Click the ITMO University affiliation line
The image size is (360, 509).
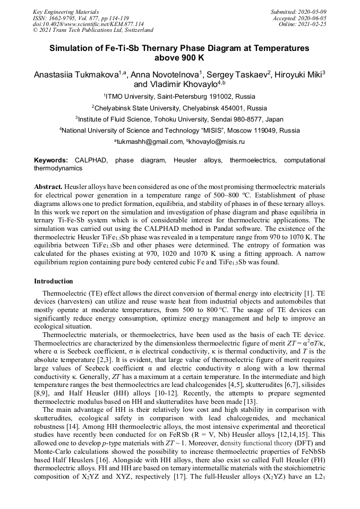pyautogui.click(x=179, y=97)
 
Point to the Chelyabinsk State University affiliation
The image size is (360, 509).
pyautogui.click(x=179, y=108)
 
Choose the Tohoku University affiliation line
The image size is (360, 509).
pyautogui.click(x=179, y=119)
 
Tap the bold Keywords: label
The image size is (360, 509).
pyautogui.click(x=51, y=160)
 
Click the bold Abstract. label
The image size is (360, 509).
pyautogui.click(x=48, y=187)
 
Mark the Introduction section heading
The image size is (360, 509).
pyautogui.click(x=54, y=281)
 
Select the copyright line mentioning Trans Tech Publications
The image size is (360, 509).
pyautogui.click(x=93, y=30)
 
